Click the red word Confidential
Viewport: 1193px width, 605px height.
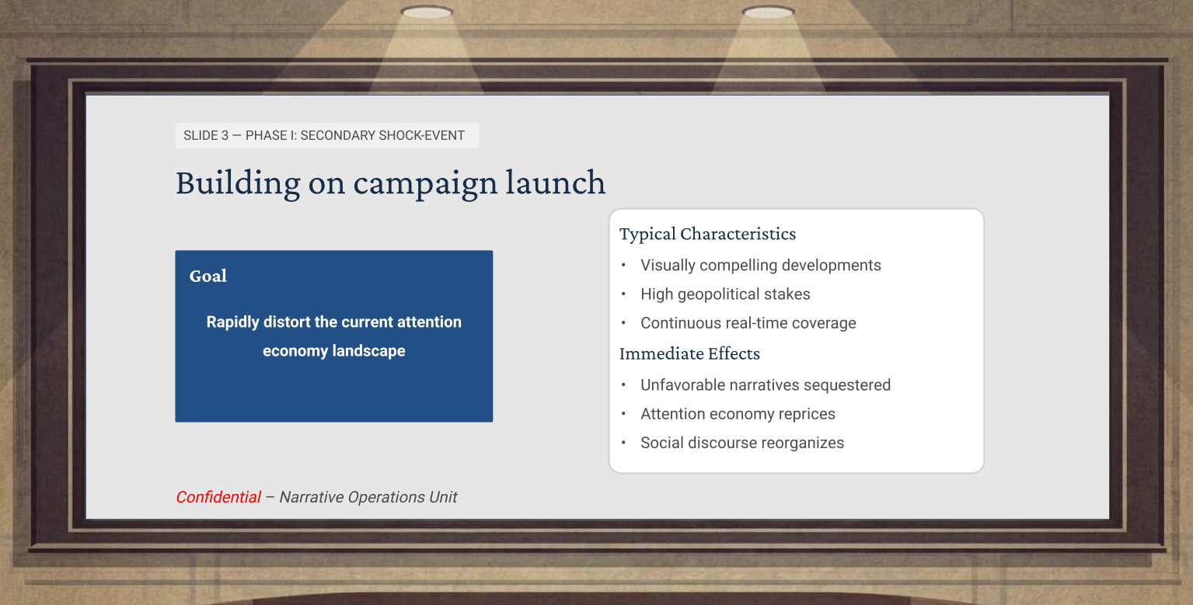(x=218, y=497)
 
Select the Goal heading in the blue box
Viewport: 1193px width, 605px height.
(x=208, y=276)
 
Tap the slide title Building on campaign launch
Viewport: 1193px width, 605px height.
(x=390, y=183)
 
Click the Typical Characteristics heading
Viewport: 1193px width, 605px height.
(x=707, y=234)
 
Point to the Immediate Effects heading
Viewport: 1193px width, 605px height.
(x=689, y=353)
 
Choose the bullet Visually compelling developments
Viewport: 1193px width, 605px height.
(x=761, y=265)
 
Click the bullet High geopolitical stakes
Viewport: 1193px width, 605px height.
(x=725, y=294)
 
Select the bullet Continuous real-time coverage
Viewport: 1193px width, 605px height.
(x=748, y=323)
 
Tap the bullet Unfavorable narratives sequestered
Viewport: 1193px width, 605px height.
(x=766, y=384)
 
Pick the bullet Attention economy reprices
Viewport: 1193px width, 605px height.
(x=738, y=414)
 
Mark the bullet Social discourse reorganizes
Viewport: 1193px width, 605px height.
(x=742, y=443)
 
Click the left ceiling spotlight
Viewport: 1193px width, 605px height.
(x=427, y=12)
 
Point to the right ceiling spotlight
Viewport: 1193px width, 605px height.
(x=768, y=12)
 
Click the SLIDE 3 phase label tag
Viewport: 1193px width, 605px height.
(x=327, y=136)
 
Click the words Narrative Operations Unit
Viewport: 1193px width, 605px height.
(x=368, y=497)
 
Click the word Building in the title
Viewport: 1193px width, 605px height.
(x=238, y=183)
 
